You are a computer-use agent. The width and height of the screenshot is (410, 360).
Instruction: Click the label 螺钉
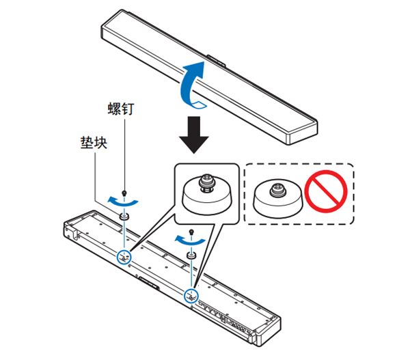pyautogui.click(x=121, y=109)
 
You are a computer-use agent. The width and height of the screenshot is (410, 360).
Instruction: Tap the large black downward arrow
pyautogui.click(x=194, y=134)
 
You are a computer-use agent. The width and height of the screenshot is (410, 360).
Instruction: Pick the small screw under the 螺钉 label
pyautogui.click(x=124, y=193)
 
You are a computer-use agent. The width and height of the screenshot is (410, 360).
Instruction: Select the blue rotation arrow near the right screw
pyautogui.click(x=182, y=238)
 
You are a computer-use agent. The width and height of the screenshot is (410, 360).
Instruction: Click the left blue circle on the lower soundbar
pyautogui.click(x=124, y=257)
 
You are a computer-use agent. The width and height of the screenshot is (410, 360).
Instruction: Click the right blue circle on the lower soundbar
pyautogui.click(x=191, y=296)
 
